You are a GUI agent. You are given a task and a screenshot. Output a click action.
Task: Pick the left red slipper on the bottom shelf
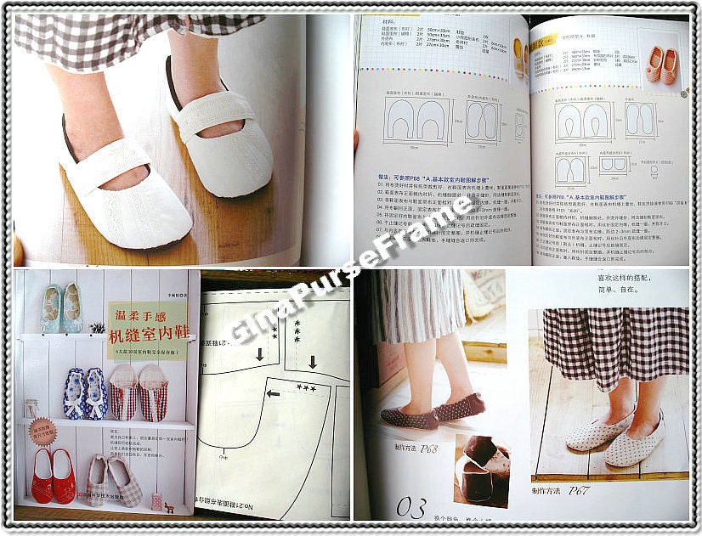[42, 476]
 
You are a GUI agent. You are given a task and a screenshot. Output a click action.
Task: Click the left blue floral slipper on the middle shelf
[75, 393]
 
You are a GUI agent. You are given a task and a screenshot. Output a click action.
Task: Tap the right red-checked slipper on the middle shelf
[154, 392]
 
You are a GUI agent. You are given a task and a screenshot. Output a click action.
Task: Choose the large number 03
[411, 507]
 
